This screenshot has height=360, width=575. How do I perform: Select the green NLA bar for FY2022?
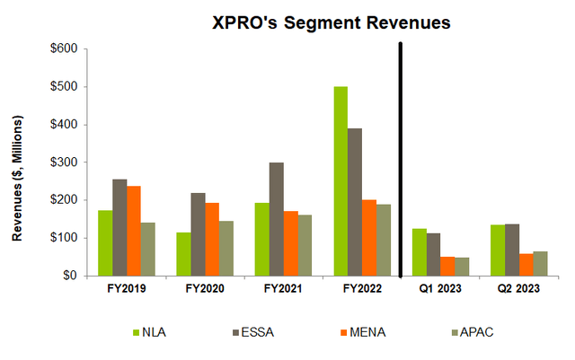[x=341, y=181]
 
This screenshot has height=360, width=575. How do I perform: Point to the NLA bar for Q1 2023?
[x=419, y=252]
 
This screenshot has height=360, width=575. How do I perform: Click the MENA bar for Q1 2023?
[x=447, y=267]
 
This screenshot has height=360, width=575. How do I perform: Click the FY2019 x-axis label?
[x=126, y=290]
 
